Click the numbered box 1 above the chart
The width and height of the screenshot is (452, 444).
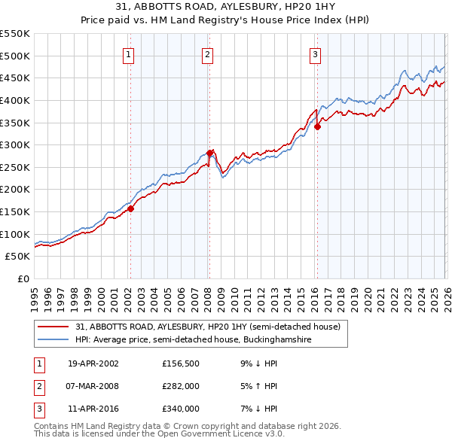click(x=130, y=53)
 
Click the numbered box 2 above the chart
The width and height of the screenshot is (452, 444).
click(x=207, y=53)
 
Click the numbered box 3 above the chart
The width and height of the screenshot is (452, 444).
click(x=315, y=53)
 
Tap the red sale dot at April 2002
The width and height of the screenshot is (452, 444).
click(x=130, y=208)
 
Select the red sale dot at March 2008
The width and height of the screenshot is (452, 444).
click(x=209, y=153)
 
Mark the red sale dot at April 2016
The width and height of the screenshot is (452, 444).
click(x=317, y=126)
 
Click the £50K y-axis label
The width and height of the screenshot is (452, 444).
click(x=18, y=257)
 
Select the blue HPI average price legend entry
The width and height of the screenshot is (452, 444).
click(x=203, y=340)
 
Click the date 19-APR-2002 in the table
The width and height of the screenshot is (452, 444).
click(x=93, y=363)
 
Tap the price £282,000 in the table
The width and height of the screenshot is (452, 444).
click(x=180, y=386)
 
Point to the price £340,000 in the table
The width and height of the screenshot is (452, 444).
click(x=180, y=409)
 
